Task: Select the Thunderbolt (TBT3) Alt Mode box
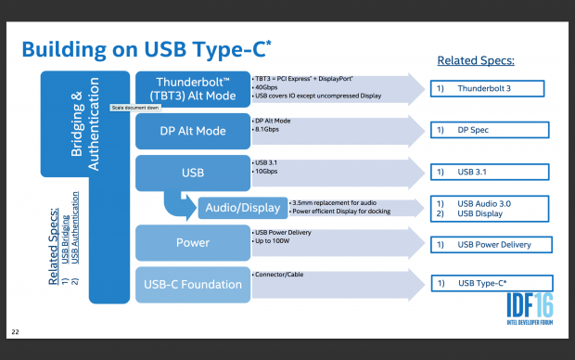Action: pyautogui.click(x=191, y=90)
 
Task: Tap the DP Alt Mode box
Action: pyautogui.click(x=191, y=131)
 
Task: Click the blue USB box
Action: pyautogui.click(x=191, y=172)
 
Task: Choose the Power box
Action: pyautogui.click(x=191, y=243)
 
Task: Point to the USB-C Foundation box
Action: pyautogui.click(x=191, y=283)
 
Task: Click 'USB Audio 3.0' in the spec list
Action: pyautogui.click(x=487, y=202)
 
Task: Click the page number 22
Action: pyautogui.click(x=14, y=331)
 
